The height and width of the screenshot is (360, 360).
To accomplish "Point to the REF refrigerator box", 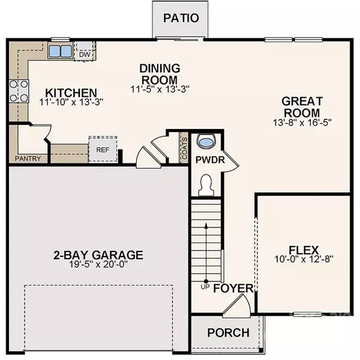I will click(x=98, y=149).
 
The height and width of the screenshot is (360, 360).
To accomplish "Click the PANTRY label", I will click(x=28, y=159).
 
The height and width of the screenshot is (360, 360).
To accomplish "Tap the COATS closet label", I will click(x=185, y=148).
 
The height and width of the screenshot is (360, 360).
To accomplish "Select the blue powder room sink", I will click(x=206, y=142).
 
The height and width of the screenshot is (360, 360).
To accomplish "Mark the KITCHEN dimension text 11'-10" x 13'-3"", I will click(x=71, y=103).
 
